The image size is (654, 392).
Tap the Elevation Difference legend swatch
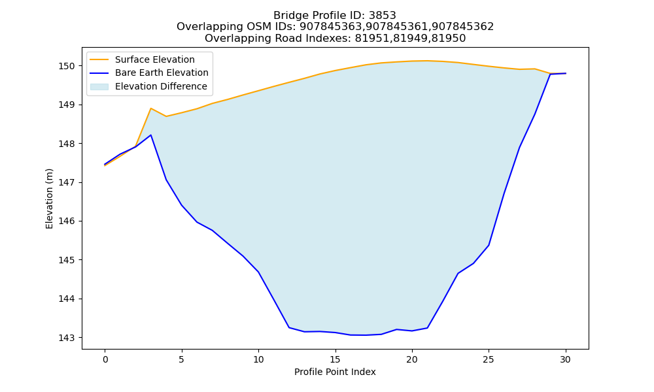99,87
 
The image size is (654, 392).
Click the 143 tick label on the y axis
67,338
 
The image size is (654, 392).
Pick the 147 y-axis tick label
67,182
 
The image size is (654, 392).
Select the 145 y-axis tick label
67,260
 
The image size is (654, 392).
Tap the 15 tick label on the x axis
336,359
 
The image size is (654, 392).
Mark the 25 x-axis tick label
489,359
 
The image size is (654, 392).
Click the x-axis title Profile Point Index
335,372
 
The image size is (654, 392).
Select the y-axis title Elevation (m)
50,199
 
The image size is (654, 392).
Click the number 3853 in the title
383,16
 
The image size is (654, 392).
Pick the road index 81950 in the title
452,39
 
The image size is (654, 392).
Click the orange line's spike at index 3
151,108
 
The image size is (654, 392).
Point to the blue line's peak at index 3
151,135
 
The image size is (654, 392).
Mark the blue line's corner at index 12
289,327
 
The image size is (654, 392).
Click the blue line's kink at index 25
489,245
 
